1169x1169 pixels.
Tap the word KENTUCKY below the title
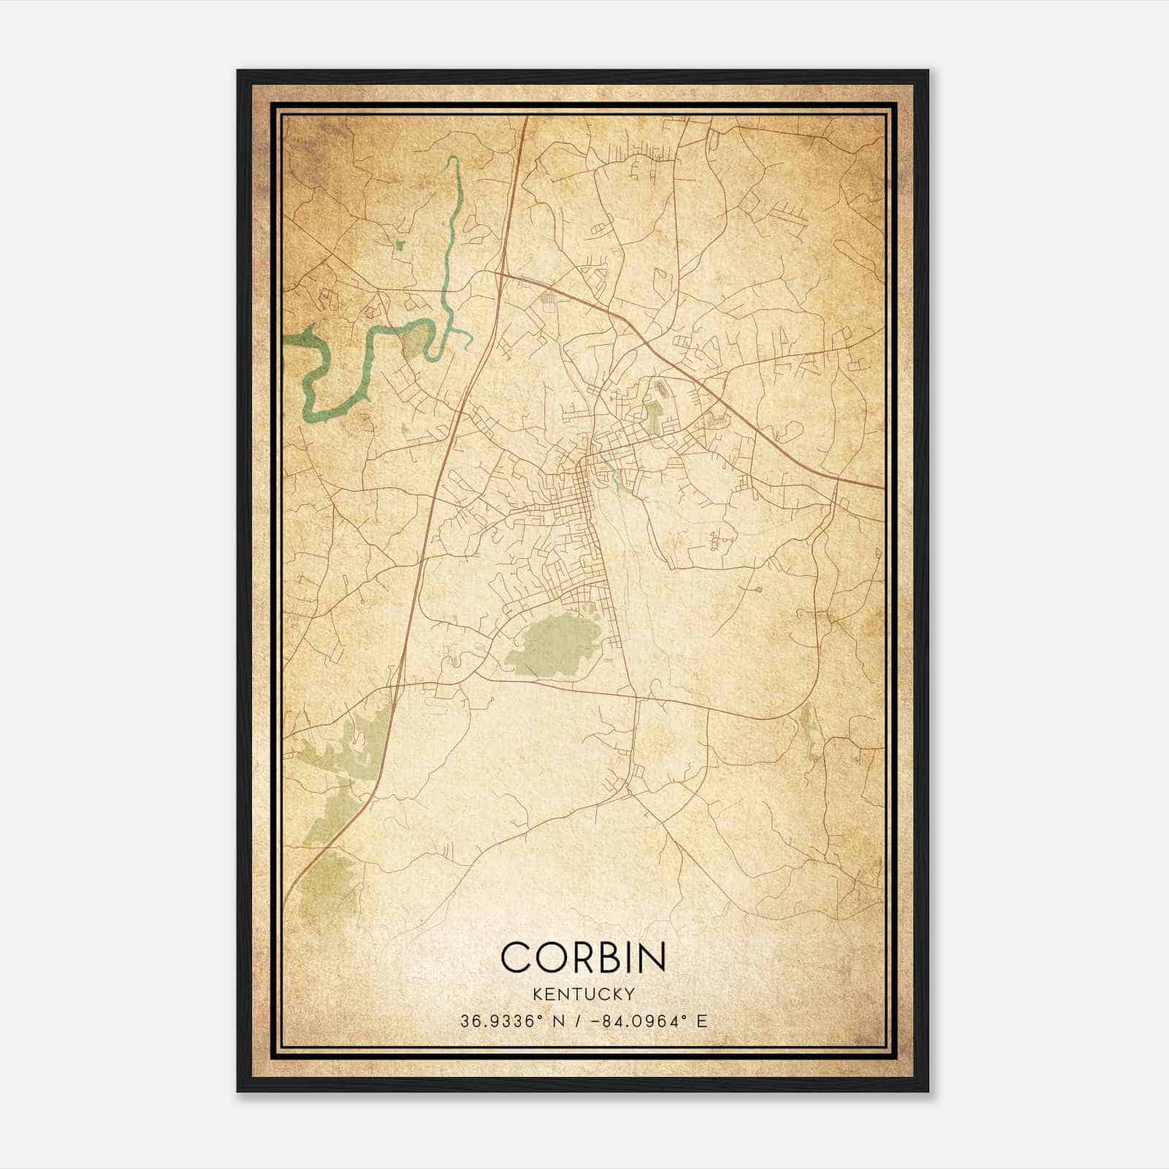(x=583, y=994)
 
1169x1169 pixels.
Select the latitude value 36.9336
(x=494, y=1021)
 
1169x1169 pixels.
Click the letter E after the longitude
(x=701, y=1021)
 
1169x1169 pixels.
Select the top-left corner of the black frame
(x=239, y=72)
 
